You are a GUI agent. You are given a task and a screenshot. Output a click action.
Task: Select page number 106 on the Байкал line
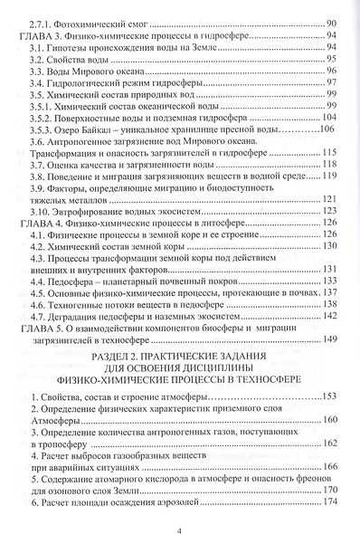pyautogui.click(x=327, y=129)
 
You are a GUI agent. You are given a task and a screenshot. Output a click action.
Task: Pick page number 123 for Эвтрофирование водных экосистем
pyautogui.click(x=328, y=209)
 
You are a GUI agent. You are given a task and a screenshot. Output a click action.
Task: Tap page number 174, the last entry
pyautogui.click(x=328, y=502)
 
